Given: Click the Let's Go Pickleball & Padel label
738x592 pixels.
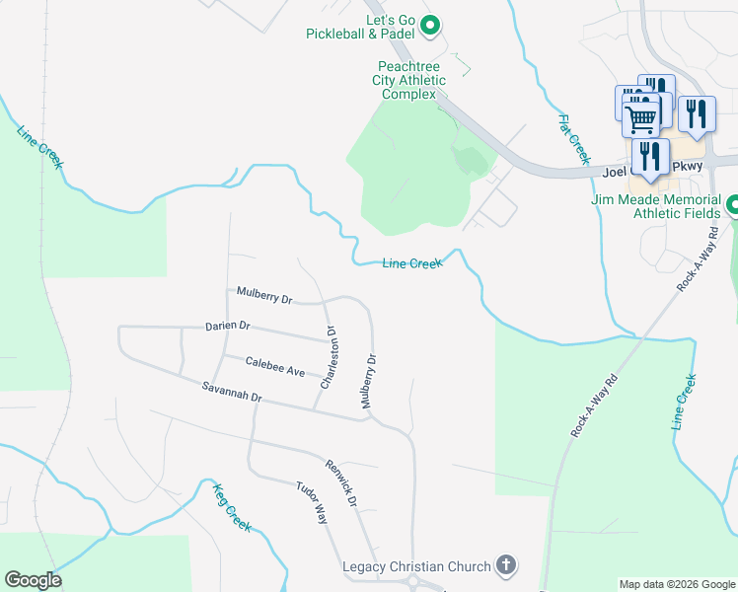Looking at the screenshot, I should [362, 27].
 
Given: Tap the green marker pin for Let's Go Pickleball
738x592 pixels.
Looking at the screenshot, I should [430, 26].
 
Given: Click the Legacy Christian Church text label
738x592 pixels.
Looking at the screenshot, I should [416, 566].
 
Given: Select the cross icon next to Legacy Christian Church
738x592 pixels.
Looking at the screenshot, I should [504, 565].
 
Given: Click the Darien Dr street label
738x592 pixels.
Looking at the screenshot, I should [228, 326].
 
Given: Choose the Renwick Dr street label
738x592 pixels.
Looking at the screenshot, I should [340, 482].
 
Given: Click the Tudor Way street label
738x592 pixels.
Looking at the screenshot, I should [312, 502].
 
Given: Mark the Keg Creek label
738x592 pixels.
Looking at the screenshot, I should [233, 505].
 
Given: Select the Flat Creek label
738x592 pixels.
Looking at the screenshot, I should [573, 139].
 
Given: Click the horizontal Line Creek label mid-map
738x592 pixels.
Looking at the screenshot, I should [412, 262].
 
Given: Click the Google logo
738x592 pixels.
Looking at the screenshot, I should [33, 580].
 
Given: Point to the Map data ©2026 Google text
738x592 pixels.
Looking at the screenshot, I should [677, 584].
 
